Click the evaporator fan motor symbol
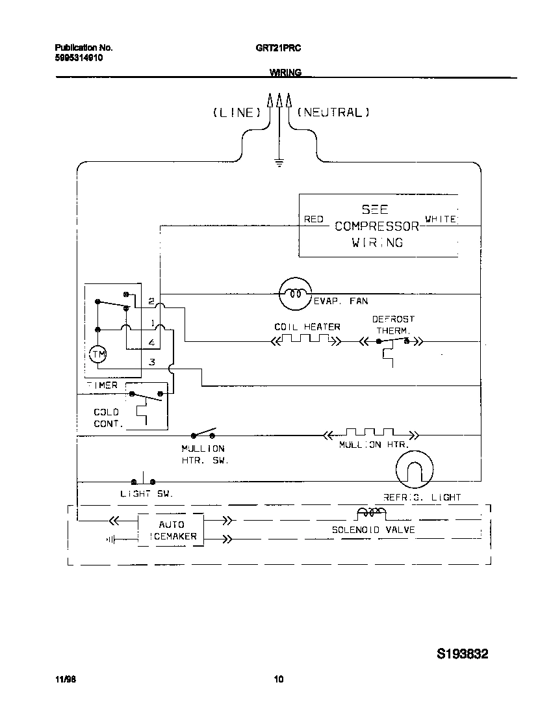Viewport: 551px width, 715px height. point(295,294)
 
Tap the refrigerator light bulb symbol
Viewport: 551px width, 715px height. point(414,469)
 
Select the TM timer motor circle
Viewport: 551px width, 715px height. point(97,354)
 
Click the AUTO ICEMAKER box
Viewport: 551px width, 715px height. point(171,530)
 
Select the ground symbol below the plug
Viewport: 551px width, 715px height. point(279,162)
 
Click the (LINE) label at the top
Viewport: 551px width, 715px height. point(237,112)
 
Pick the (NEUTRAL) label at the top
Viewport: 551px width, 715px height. point(333,112)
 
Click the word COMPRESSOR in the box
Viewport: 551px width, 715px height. point(377,226)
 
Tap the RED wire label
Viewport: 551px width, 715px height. point(314,220)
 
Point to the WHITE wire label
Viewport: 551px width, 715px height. point(441,220)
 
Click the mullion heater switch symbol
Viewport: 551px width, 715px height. point(203,434)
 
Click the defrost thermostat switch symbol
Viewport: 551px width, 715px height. point(392,341)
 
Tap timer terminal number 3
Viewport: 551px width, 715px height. point(151,362)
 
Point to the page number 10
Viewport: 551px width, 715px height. point(278,680)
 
